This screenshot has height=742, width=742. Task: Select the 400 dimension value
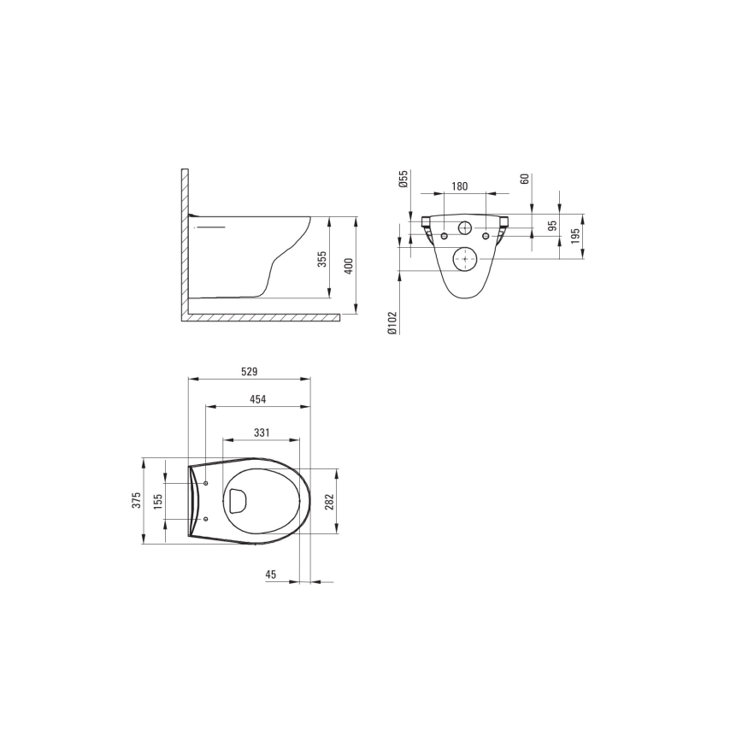pos(347,266)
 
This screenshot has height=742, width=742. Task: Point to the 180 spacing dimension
pos(459,186)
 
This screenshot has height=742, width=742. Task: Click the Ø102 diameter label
pos(392,323)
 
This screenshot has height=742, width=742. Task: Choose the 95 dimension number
pos(552,227)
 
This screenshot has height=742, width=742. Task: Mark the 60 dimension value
pos(525,179)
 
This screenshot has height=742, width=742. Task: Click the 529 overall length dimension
pos(249,372)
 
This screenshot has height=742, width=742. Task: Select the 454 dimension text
pos(257,399)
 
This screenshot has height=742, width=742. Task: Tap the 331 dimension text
pos(261,433)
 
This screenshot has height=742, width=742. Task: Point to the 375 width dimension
pos(136,501)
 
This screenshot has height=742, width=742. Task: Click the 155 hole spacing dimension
pos(158,502)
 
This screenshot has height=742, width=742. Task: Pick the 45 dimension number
pos(271,575)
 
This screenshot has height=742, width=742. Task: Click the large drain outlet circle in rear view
pos(464,257)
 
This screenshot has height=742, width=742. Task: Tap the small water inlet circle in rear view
pos(465,228)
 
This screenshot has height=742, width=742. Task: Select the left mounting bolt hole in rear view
pos(444,236)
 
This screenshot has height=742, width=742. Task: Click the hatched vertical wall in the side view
pos(184,244)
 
